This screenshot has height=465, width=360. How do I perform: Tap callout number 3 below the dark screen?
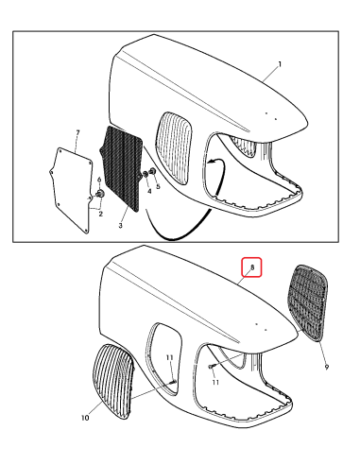pyautogui.click(x=120, y=226)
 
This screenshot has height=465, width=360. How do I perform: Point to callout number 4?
pyautogui.click(x=147, y=191)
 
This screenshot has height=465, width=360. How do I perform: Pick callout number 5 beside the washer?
pyautogui.click(x=159, y=186)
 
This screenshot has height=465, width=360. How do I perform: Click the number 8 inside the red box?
pyautogui.click(x=252, y=268)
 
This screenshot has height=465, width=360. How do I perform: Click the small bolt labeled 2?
pyautogui.click(x=98, y=195)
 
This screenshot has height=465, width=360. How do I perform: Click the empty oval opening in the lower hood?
pyautogui.click(x=165, y=351)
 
